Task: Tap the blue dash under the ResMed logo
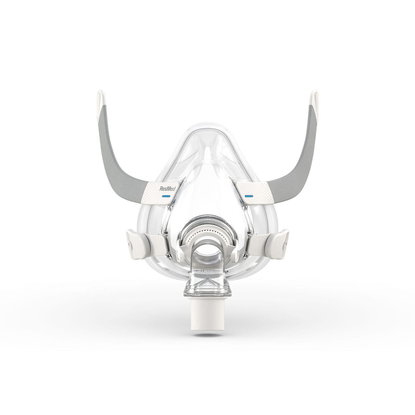click(x=166, y=196)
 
